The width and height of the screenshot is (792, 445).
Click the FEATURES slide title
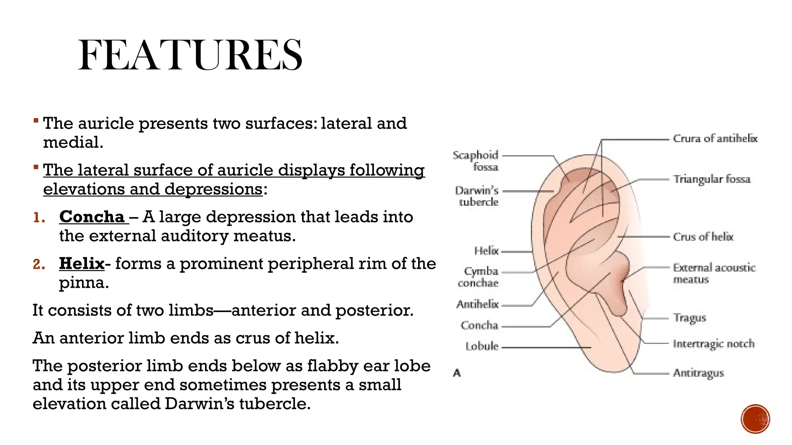pyautogui.click(x=190, y=55)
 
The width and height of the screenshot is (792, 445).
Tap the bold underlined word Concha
pyautogui.click(x=92, y=217)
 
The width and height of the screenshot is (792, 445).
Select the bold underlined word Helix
pyautogui.click(x=82, y=263)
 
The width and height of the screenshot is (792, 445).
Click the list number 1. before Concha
pyautogui.click(x=39, y=217)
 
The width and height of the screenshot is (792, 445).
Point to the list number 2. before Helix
pyautogui.click(x=39, y=264)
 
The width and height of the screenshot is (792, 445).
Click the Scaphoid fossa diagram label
pyautogui.click(x=476, y=161)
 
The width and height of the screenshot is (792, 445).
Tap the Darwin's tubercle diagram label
pyautogui.click(x=477, y=196)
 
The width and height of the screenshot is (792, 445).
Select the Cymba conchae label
pyautogui.click(x=478, y=277)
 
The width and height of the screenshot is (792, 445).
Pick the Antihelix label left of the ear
pyautogui.click(x=478, y=304)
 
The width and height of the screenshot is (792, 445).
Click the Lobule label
pyautogui.click(x=482, y=346)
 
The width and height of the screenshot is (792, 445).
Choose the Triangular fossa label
pyautogui.click(x=712, y=179)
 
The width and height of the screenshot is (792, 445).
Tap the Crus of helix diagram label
pyautogui.click(x=703, y=236)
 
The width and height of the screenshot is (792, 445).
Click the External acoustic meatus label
pyautogui.click(x=714, y=273)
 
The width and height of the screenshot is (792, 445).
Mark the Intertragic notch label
pyautogui.click(x=714, y=344)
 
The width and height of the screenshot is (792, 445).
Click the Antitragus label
pyautogui.click(x=698, y=373)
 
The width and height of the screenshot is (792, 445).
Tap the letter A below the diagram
pyautogui.click(x=457, y=373)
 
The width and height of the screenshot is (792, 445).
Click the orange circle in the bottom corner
pyautogui.click(x=755, y=419)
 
